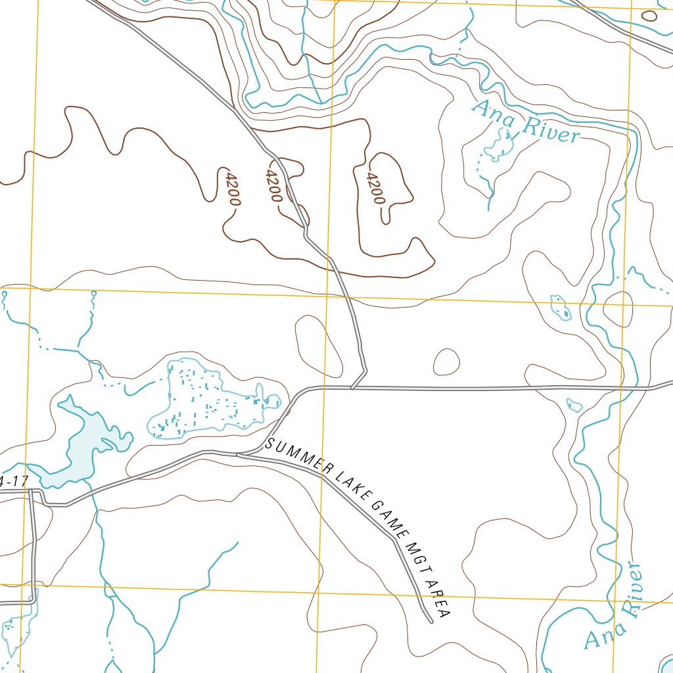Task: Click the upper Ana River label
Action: [526, 122]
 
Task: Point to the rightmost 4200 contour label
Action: [375, 189]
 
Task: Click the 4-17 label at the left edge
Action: [13, 482]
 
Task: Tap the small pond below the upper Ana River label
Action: [499, 145]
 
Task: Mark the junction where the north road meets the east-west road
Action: [352, 388]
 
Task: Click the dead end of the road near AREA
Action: [430, 620]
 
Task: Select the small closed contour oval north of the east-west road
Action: [447, 361]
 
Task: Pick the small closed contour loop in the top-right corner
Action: [649, 16]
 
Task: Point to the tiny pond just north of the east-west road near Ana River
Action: [574, 405]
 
